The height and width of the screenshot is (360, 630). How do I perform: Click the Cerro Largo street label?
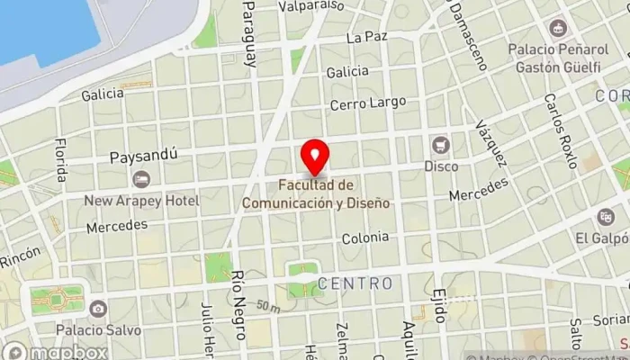(x=367, y=104)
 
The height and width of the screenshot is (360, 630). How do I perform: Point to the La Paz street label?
(x=365, y=38)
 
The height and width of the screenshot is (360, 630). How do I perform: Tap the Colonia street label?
(x=365, y=238)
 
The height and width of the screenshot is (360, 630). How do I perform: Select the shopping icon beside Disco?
(x=440, y=145)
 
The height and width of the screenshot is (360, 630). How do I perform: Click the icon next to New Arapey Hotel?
(x=140, y=180)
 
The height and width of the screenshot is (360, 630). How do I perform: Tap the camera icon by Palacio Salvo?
(x=95, y=308)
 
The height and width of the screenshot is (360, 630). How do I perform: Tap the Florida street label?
(x=61, y=159)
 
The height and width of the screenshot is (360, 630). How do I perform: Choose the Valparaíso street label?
(x=311, y=5)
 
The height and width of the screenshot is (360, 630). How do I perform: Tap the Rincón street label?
(x=20, y=258)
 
